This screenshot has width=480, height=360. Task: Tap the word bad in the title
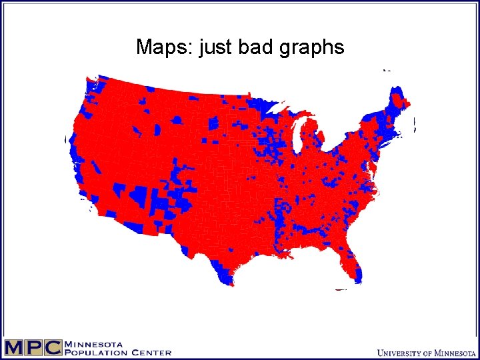[x=257, y=47]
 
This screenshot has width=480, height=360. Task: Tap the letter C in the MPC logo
[x=53, y=347]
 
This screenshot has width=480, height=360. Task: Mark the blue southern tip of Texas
[x=225, y=277]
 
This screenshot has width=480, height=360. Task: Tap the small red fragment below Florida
[x=341, y=289]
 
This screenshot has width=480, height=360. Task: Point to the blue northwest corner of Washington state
[x=91, y=85]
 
